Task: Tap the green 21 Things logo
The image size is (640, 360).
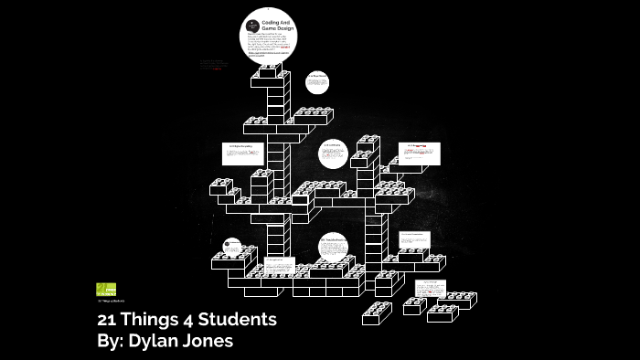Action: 105,289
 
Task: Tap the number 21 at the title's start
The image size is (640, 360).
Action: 108,321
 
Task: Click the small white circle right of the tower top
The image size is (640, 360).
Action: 317,82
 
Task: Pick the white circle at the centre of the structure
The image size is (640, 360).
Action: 333,154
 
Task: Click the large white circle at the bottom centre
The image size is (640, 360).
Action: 333,246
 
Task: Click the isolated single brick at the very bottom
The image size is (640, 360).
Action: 376,313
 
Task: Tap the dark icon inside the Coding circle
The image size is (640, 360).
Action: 252,26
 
